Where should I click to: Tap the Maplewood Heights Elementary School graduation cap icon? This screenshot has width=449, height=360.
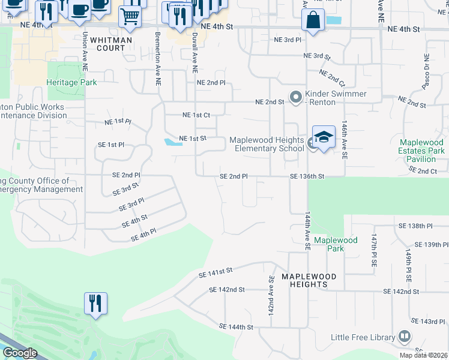coord(324,137)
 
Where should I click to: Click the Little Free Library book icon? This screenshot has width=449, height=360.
coord(405,337)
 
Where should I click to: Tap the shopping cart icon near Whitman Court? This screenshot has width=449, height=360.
coord(129,17)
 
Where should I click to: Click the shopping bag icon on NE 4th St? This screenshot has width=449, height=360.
coord(313,21)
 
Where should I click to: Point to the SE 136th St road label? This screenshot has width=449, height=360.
coord(307,176)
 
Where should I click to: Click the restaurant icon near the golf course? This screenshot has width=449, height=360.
coord(95,303)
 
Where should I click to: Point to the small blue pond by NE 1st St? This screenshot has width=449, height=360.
coord(172,142)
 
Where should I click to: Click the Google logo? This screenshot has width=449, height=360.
coord(20,353)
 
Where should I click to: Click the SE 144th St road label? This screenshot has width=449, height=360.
coord(237,327)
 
